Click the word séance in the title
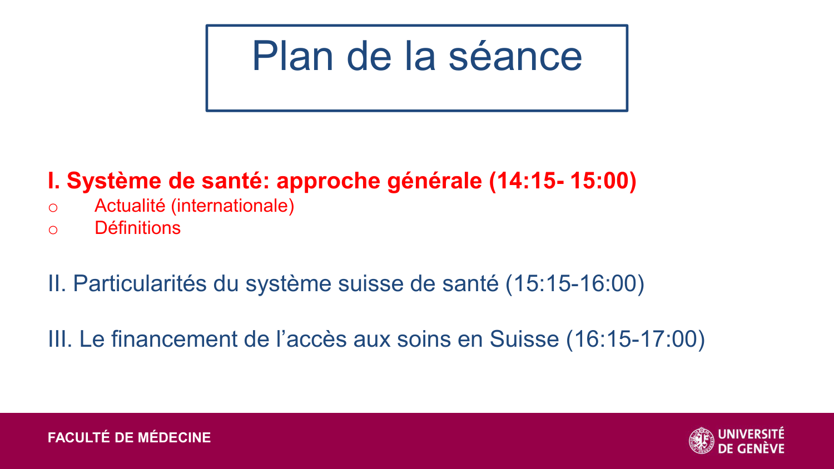(515, 57)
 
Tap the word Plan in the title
(292, 57)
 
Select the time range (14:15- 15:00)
(563, 181)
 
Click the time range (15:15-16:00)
(575, 283)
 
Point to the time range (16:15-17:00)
(636, 339)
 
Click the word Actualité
(130, 206)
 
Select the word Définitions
(137, 228)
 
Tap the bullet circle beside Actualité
(53, 208)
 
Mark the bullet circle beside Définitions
(53, 229)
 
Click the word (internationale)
(232, 206)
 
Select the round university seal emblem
(702, 441)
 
